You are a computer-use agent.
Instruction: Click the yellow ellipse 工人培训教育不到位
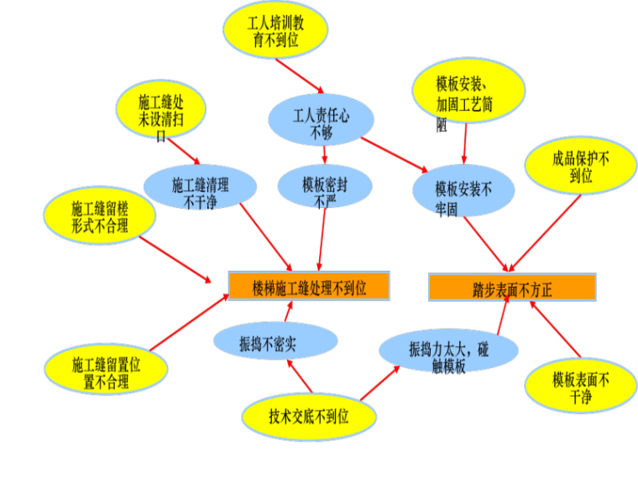click(x=275, y=30)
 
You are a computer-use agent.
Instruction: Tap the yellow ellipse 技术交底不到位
click(x=308, y=415)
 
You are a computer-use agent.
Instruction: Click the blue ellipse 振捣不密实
click(x=275, y=342)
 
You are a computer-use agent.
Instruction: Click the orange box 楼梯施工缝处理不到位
click(x=309, y=286)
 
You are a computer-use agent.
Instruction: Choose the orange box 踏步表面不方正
click(x=512, y=288)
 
